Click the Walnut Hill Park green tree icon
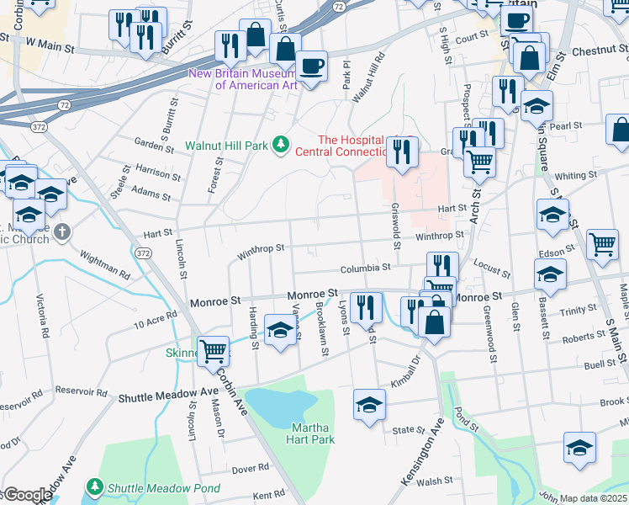(280, 146)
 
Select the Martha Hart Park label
(313, 433)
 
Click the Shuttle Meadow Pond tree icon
(95, 487)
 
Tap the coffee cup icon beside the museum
(311, 66)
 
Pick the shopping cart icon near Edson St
(602, 244)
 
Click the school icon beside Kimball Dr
(369, 404)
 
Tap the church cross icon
(61, 231)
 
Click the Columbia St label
(365, 268)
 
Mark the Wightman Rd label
(105, 264)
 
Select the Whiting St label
(575, 176)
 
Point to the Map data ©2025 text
(594, 498)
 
